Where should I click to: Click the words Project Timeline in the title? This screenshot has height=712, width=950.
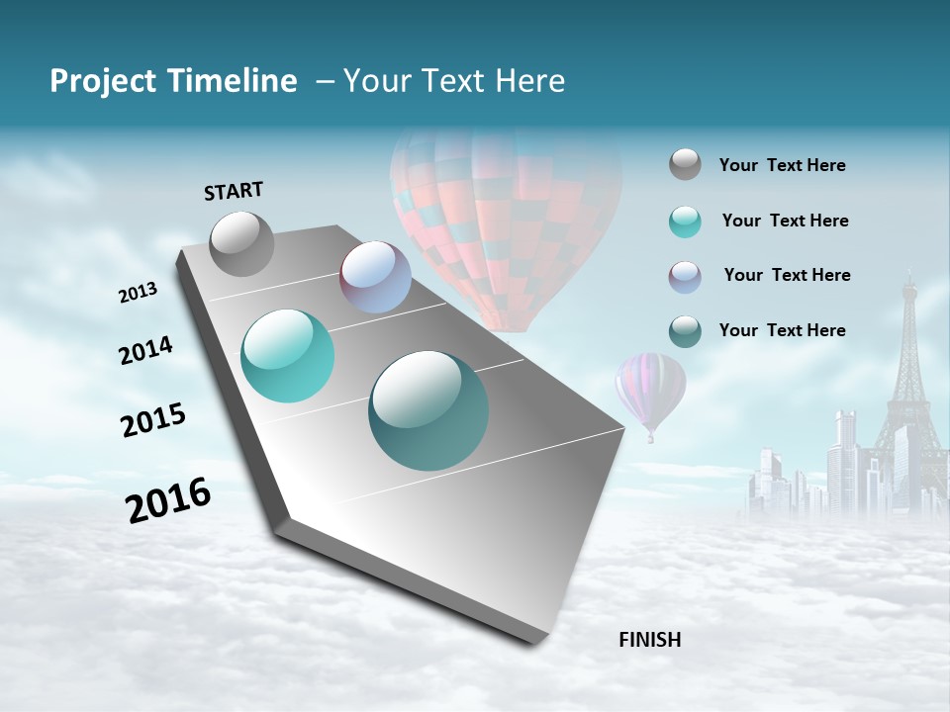(x=173, y=81)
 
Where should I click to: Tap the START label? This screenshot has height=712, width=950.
(x=234, y=191)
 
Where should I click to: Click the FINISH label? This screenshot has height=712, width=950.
(x=649, y=640)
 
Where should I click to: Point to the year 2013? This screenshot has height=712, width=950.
(x=139, y=293)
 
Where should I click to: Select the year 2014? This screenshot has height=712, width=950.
(x=145, y=350)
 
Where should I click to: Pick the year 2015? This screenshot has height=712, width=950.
(x=153, y=420)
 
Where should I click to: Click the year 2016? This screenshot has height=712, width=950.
(x=168, y=500)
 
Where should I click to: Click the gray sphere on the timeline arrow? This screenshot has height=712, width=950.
(x=241, y=243)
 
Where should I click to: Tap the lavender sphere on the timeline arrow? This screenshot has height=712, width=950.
(x=375, y=277)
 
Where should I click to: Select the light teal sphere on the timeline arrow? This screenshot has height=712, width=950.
(x=288, y=356)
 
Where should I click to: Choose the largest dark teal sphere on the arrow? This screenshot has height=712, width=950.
(x=428, y=410)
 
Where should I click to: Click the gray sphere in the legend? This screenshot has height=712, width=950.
(x=685, y=165)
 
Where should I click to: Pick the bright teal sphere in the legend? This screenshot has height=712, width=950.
(x=685, y=222)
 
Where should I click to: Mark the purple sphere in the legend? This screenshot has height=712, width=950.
(x=685, y=276)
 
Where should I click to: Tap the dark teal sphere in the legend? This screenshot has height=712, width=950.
(x=685, y=331)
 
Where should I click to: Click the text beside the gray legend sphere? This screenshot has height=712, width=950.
(x=782, y=166)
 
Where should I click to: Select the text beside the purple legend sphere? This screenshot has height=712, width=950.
(x=787, y=275)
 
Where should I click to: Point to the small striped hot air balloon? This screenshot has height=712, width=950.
(x=650, y=391)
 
